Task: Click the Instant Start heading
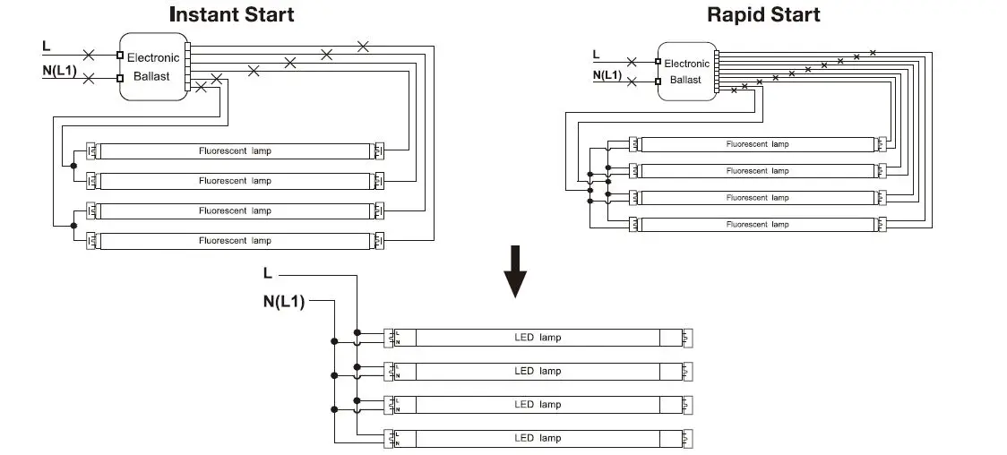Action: tap(231, 14)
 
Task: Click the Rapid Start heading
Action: tap(763, 14)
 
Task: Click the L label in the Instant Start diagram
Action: tap(47, 45)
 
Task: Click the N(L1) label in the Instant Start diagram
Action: tap(60, 69)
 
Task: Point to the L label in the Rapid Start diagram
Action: tap(598, 56)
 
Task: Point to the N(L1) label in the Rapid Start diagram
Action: tap(607, 75)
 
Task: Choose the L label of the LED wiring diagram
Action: tap(268, 272)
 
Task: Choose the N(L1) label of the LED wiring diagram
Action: tap(284, 302)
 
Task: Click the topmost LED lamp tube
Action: tap(538, 338)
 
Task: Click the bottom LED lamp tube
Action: tap(538, 438)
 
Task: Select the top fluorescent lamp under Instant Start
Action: tap(235, 151)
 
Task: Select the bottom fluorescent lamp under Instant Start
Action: tap(235, 241)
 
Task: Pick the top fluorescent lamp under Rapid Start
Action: tap(757, 144)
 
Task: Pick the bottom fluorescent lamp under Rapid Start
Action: tap(757, 224)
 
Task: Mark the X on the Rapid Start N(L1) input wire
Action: tap(633, 82)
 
